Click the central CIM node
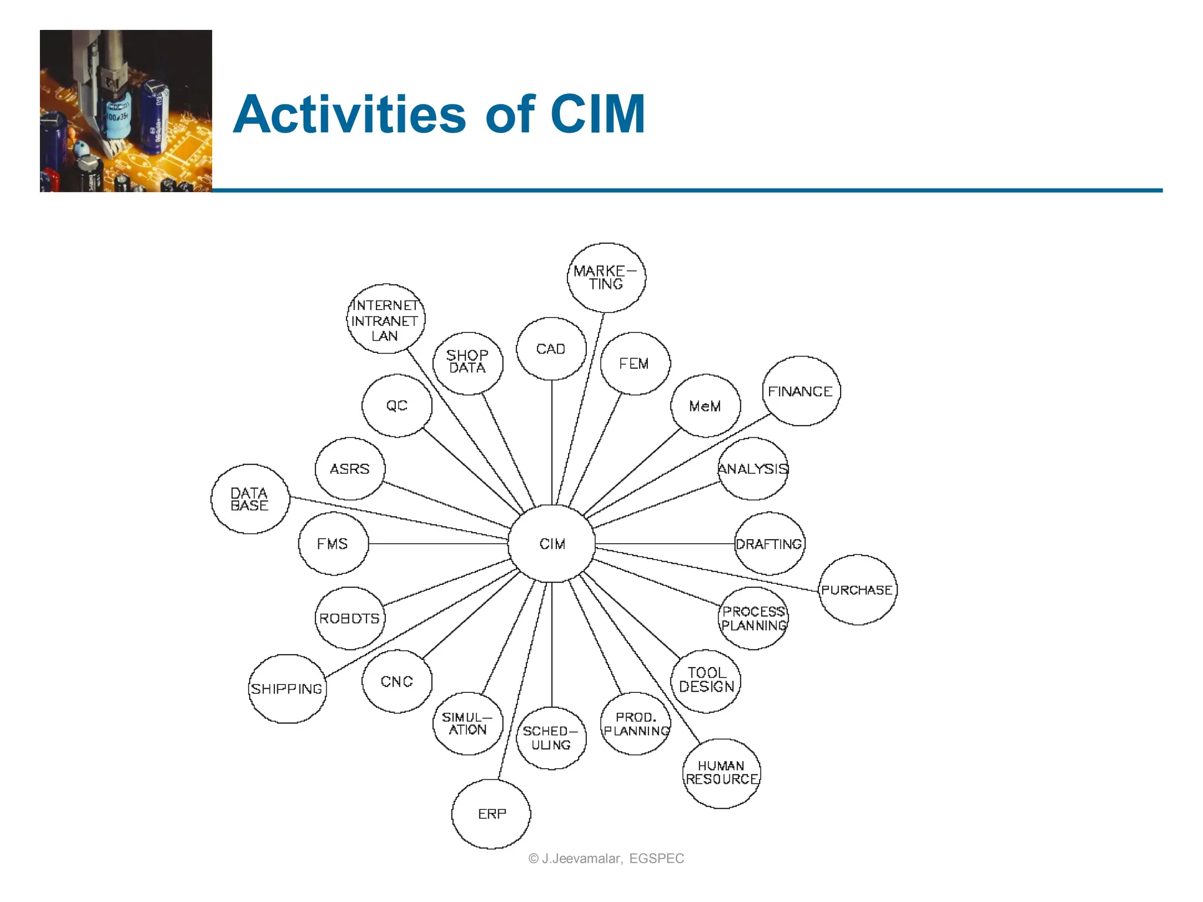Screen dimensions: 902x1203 pyautogui.click(x=552, y=544)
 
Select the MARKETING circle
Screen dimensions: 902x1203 pyautogui.click(x=606, y=277)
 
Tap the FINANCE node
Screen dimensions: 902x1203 pyautogui.click(x=801, y=391)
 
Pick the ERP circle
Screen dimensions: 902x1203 pyautogui.click(x=491, y=814)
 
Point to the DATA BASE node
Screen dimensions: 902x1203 pyautogui.click(x=250, y=499)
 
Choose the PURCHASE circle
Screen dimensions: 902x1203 pyautogui.click(x=858, y=590)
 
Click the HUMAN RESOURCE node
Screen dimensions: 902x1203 pyautogui.click(x=722, y=773)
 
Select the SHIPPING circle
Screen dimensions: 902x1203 pyautogui.click(x=287, y=689)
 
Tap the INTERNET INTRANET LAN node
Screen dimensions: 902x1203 pyautogui.click(x=385, y=319)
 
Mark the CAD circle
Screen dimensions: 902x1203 pyautogui.click(x=551, y=349)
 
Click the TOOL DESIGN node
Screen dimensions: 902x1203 pyautogui.click(x=706, y=681)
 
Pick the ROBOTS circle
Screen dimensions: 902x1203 pyautogui.click(x=350, y=618)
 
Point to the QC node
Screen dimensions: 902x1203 pyautogui.click(x=397, y=406)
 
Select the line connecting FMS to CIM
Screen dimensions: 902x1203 pyautogui.click(x=438, y=544)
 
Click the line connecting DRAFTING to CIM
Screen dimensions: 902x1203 pyautogui.click(x=664, y=544)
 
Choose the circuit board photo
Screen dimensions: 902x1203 pyautogui.click(x=126, y=111)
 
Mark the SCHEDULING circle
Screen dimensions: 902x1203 pyautogui.click(x=551, y=738)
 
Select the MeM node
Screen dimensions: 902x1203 pyautogui.click(x=705, y=406)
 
